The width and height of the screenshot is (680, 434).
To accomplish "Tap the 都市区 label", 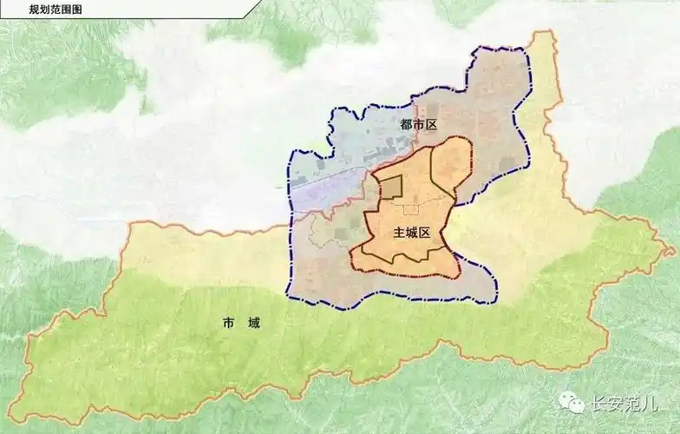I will tap(418, 125).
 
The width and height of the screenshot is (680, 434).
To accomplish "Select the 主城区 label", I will tap(412, 233).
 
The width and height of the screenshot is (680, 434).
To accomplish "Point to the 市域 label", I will tap(241, 324).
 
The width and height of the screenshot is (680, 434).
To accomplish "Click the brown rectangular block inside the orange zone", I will tap(389, 187).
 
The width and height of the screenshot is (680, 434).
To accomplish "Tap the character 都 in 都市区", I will tap(406, 125).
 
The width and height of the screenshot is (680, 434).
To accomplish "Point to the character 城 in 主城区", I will tap(412, 233).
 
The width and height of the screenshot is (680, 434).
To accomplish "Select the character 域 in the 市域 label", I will tap(253, 324).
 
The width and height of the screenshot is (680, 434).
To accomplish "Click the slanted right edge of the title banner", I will tap(249, 8).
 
